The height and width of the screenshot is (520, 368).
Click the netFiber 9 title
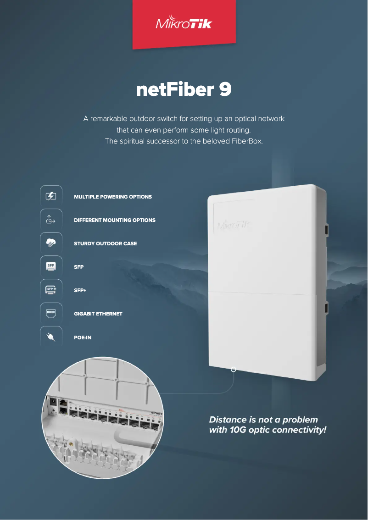tap(184, 90)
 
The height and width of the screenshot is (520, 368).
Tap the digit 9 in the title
tap(225, 90)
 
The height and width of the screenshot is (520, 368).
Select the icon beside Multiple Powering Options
tap(51, 196)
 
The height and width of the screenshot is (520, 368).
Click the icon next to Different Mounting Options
tap(51, 220)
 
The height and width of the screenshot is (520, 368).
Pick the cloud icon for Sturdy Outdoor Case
tap(51, 243)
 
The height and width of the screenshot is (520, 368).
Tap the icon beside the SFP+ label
tap(51, 290)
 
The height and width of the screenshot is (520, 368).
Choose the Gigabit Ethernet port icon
tap(51, 314)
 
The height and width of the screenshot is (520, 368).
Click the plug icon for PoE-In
tap(51, 337)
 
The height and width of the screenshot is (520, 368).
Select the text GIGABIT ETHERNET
tap(98, 314)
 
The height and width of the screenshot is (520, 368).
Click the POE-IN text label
tap(83, 338)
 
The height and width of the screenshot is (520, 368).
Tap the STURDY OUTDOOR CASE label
tap(106, 243)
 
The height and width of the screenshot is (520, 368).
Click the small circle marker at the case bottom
tap(234, 369)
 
